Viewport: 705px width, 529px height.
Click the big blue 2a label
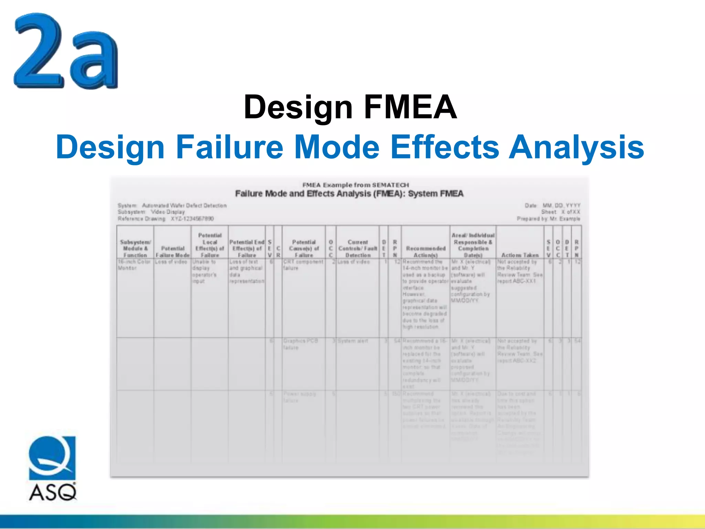point(65,52)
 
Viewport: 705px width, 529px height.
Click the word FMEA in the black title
point(410,107)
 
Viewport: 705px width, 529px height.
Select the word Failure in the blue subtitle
point(230,147)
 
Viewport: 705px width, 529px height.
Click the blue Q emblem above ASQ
point(52,458)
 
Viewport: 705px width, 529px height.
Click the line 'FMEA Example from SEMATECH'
point(356,185)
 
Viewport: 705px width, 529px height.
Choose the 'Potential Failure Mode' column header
point(172,252)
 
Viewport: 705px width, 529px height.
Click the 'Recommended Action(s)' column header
point(426,252)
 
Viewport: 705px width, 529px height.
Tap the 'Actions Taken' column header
point(520,255)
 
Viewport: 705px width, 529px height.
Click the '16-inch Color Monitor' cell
point(134,265)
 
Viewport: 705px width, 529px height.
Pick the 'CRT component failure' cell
point(303,265)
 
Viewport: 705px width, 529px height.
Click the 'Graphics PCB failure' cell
point(301,344)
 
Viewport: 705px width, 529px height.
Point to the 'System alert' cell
point(353,341)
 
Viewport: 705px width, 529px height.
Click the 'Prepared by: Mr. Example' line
point(548,219)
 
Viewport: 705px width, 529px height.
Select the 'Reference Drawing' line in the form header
point(166,219)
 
